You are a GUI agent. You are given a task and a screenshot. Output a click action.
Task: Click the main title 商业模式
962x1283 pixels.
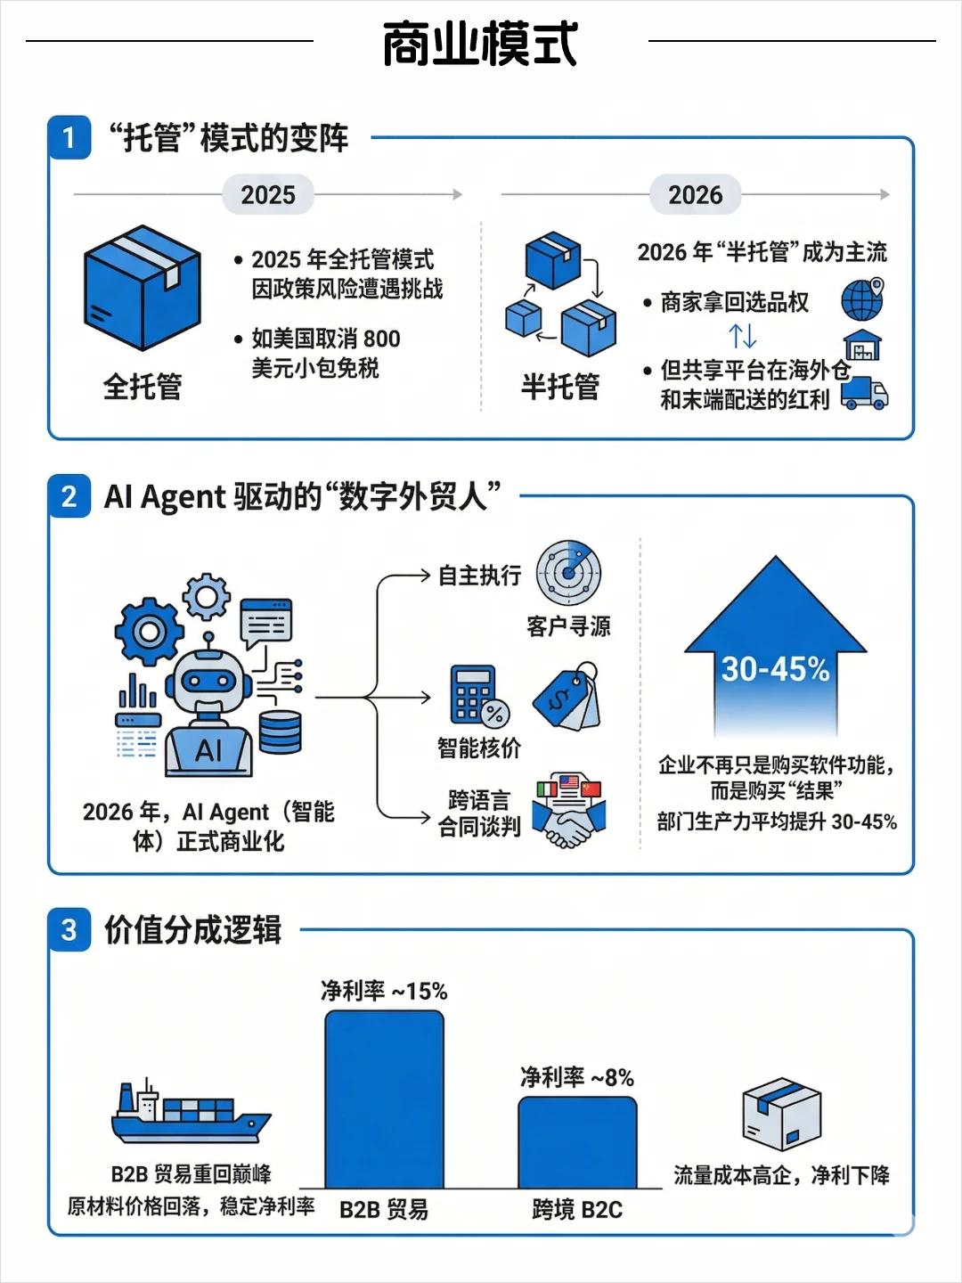pyautogui.click(x=480, y=45)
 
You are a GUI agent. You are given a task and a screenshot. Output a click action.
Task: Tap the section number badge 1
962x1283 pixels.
pyautogui.click(x=69, y=138)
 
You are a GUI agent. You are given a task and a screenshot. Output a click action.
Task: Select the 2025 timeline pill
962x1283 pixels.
pyautogui.click(x=268, y=195)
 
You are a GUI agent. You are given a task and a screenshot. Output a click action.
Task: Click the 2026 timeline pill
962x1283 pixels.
pyautogui.click(x=696, y=195)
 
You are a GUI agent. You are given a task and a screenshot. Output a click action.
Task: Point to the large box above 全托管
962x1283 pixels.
pyautogui.click(x=143, y=289)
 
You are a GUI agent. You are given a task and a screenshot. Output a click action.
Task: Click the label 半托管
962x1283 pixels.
pyautogui.click(x=560, y=387)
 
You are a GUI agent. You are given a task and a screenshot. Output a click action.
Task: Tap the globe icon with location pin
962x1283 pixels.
pyautogui.click(x=862, y=299)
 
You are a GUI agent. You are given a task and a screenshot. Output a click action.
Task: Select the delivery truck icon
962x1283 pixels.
pyautogui.click(x=864, y=393)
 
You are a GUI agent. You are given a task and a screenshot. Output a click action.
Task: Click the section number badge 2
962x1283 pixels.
pyautogui.click(x=69, y=496)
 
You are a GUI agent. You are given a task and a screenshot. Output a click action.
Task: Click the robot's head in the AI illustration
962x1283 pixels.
pyautogui.click(x=208, y=682)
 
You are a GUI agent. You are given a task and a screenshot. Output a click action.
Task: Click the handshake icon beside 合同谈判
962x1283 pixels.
pyautogui.click(x=568, y=813)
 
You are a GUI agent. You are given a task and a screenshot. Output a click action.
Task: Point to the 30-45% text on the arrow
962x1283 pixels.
pyautogui.click(x=775, y=668)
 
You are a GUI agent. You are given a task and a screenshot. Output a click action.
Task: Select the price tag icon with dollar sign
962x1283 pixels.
pyautogui.click(x=567, y=697)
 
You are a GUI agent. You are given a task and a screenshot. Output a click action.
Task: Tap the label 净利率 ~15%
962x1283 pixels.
pyautogui.click(x=384, y=991)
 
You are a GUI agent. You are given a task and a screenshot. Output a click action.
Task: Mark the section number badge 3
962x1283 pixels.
pyautogui.click(x=69, y=930)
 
